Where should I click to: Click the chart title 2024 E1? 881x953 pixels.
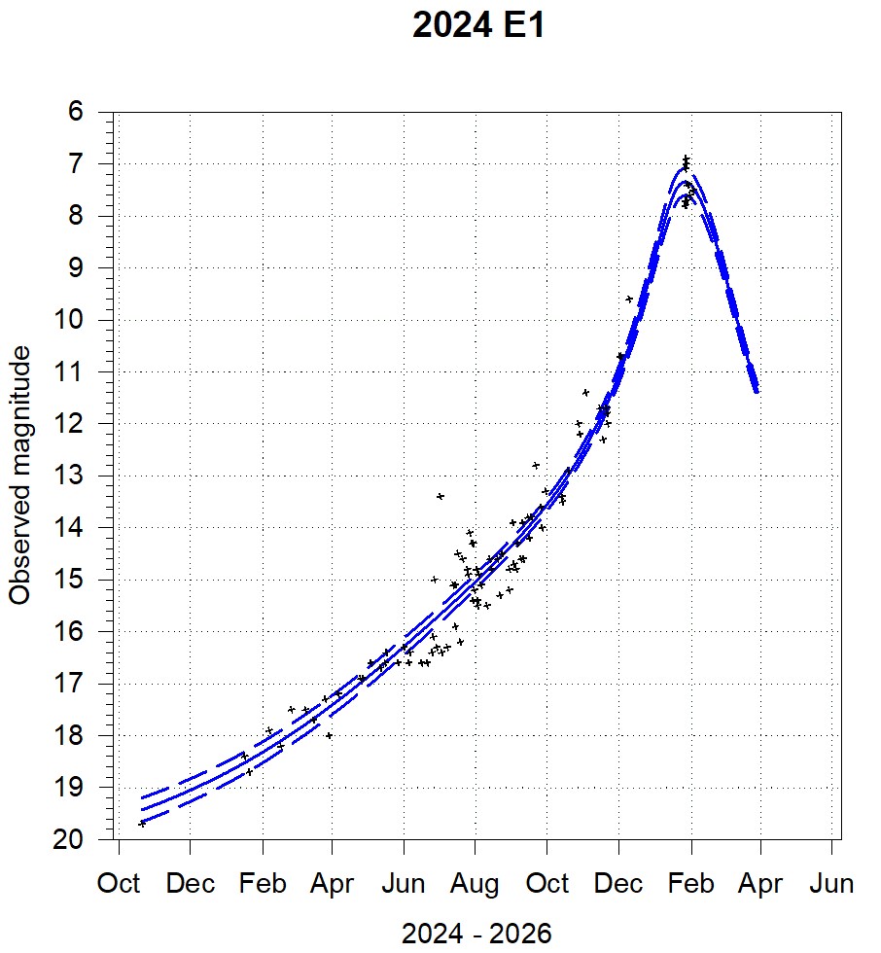477,26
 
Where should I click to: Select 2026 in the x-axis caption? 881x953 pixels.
521,935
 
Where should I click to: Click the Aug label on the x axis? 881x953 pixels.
476,884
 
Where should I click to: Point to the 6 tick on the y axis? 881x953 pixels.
76,113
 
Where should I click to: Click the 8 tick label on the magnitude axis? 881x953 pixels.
76,216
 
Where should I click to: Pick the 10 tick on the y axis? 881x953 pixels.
70,320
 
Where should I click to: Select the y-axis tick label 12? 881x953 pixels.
70,424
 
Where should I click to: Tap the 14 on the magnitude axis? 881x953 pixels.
70,528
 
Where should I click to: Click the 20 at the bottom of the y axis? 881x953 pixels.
70,839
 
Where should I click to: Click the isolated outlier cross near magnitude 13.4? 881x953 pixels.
440,496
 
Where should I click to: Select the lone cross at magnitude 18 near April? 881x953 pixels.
330,735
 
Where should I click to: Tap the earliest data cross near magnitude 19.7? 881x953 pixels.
143,823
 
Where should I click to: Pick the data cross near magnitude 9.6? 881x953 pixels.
629,299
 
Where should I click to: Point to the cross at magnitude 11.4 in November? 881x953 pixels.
585,392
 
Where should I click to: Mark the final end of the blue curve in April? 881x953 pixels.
757,391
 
